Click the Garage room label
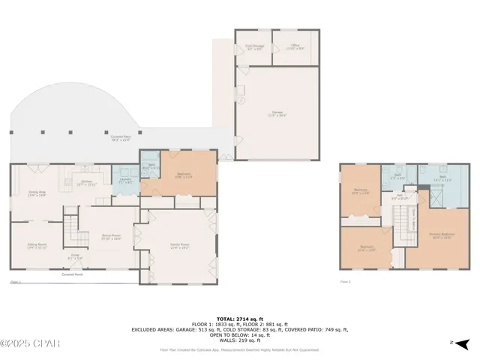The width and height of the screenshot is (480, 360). tap(278, 115)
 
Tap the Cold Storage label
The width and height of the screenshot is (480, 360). tap(253, 46)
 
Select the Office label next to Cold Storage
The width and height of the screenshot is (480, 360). tap(295, 46)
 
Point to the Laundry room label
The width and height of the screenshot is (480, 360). tap(125, 182)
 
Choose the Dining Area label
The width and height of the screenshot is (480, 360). tap(37, 195)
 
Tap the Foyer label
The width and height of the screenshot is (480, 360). tap(75, 256)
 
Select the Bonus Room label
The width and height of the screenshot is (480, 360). tap(112, 237)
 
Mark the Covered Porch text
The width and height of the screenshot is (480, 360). tap(73, 274)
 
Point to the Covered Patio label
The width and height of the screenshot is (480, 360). tap(121, 138)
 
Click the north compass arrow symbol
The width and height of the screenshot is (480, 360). tap(462, 343)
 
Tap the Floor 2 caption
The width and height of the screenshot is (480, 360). tap(346, 281)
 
